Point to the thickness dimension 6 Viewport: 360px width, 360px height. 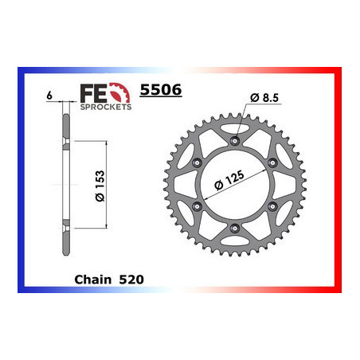pyautogui.click(x=49, y=96)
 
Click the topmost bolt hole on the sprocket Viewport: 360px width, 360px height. pyautogui.click(x=234, y=140)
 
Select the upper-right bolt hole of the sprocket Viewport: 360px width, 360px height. pyautogui.click(x=273, y=162)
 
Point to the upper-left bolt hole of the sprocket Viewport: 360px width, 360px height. pyautogui.click(x=195, y=162)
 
